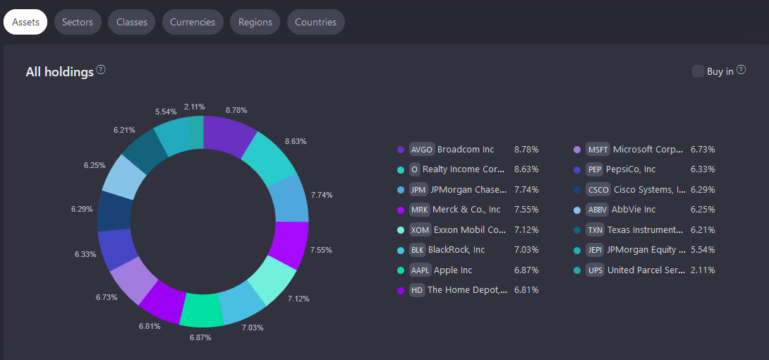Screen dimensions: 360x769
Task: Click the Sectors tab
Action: (78, 22)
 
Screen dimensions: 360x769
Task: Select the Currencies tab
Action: (193, 22)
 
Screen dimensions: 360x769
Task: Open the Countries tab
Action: (315, 22)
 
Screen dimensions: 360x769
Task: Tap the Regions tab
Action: (255, 22)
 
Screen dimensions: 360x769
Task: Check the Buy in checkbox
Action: (698, 71)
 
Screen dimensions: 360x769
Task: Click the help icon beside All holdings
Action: (101, 70)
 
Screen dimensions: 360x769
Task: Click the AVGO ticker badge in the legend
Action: (421, 150)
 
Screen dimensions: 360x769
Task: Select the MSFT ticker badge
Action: (598, 150)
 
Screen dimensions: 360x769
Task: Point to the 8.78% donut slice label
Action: (236, 110)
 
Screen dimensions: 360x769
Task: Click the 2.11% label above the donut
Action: (194, 107)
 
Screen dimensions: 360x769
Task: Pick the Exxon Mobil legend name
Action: (470, 230)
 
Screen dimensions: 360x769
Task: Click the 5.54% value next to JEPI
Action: (703, 250)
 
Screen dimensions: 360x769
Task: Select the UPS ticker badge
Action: (595, 270)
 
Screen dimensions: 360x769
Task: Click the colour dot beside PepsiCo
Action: (577, 170)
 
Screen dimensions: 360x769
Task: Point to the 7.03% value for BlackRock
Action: (526, 250)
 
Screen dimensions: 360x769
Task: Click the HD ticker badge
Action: (417, 290)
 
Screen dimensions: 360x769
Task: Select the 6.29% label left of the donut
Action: (82, 210)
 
